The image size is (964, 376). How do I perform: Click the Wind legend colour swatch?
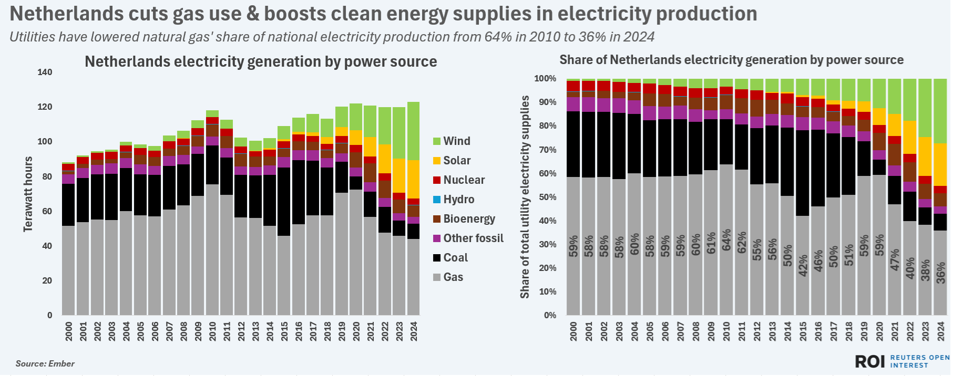[x=436, y=141]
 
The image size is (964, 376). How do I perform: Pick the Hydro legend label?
[x=458, y=200]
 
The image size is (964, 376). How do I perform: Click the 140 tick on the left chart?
[x=45, y=72]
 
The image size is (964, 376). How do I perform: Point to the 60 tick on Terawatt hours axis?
[x=47, y=211]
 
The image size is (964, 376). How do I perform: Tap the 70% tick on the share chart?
[x=545, y=150]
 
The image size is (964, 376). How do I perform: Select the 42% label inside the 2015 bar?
[x=803, y=265]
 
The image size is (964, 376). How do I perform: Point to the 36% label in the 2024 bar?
[x=941, y=273]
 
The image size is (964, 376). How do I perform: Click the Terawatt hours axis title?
[x=28, y=194]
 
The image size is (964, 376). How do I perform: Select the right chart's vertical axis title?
[x=525, y=197]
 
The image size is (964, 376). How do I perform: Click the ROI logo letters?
[x=870, y=361]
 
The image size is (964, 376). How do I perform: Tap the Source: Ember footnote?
[x=45, y=363]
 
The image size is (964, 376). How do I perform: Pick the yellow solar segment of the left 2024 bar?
[x=414, y=179]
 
